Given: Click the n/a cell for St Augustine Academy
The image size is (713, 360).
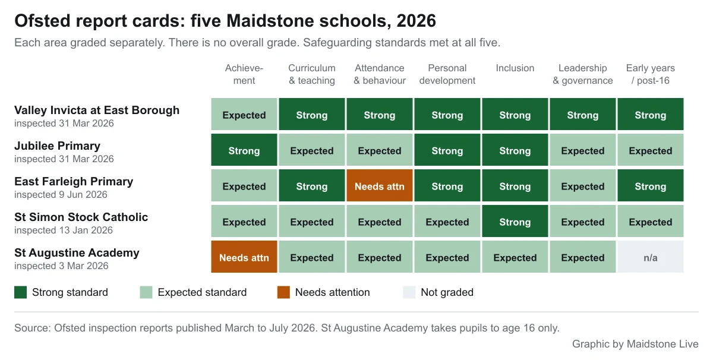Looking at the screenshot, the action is pos(650,257).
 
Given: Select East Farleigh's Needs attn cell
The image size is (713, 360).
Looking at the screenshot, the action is pos(380,185).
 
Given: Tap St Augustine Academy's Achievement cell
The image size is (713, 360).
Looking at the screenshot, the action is pos(244,257).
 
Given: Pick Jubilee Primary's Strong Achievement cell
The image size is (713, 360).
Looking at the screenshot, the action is pos(244,150).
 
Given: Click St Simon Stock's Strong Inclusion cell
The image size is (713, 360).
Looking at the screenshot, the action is pos(515,221).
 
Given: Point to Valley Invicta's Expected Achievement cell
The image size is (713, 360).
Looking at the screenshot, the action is pos(244,114).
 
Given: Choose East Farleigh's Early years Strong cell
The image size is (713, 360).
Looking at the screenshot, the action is pos(650,185).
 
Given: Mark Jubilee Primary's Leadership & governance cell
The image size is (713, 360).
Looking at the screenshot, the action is pos(582,150).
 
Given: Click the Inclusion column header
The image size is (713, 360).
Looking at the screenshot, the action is pos(515,68).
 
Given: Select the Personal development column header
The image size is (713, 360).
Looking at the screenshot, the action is pos(447,74).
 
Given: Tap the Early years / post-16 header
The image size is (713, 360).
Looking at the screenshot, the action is pos(650,74).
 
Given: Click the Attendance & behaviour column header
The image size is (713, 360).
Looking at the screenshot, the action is pos(380,74).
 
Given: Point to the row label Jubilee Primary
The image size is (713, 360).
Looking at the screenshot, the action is pos(57,146).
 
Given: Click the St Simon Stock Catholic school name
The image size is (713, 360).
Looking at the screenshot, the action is pos(81,217).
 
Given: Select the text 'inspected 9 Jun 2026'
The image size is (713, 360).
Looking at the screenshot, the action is pos(61,194).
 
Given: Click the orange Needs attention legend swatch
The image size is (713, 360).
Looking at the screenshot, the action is pos(283,292).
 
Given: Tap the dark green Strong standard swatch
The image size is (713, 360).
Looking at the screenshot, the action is pos(21,292).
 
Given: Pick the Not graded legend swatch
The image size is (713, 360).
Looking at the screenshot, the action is pos(409,292).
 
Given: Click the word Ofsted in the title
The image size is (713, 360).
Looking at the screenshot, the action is pos(42,21).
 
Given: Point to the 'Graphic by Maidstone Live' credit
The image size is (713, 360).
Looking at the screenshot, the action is pos(635,344).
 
